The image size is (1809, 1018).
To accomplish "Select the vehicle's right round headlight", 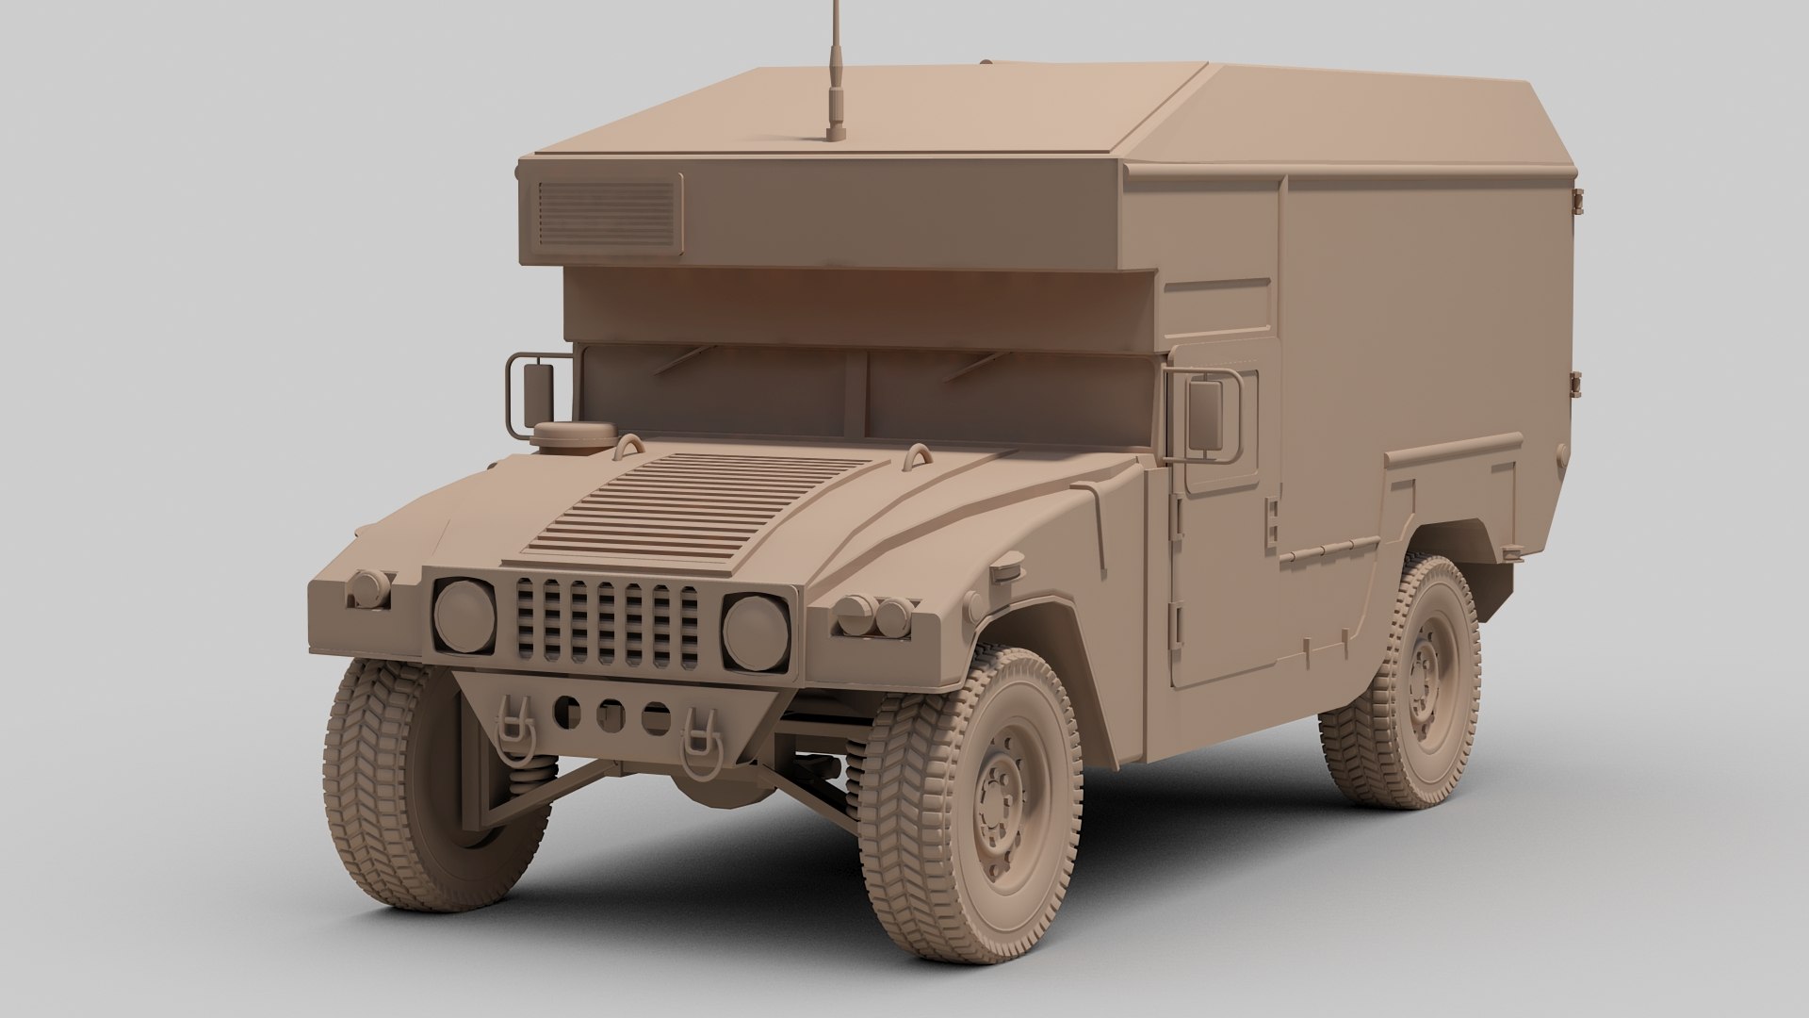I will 756,630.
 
